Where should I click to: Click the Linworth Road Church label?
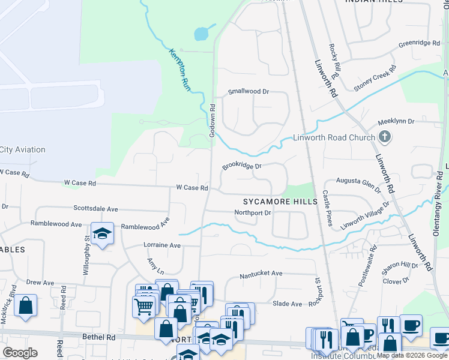334,137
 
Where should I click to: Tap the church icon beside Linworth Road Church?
385,137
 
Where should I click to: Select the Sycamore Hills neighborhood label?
280,202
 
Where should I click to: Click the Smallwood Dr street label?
249,92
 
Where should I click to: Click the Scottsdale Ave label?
96,209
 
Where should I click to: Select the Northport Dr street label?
253,212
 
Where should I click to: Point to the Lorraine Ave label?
161,245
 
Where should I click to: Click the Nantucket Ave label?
261,274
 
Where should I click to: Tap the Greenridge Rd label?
419,44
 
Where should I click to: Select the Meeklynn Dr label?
396,121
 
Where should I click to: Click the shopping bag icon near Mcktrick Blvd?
26,305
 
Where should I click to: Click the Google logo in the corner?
20,352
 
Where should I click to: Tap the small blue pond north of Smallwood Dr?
202,34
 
